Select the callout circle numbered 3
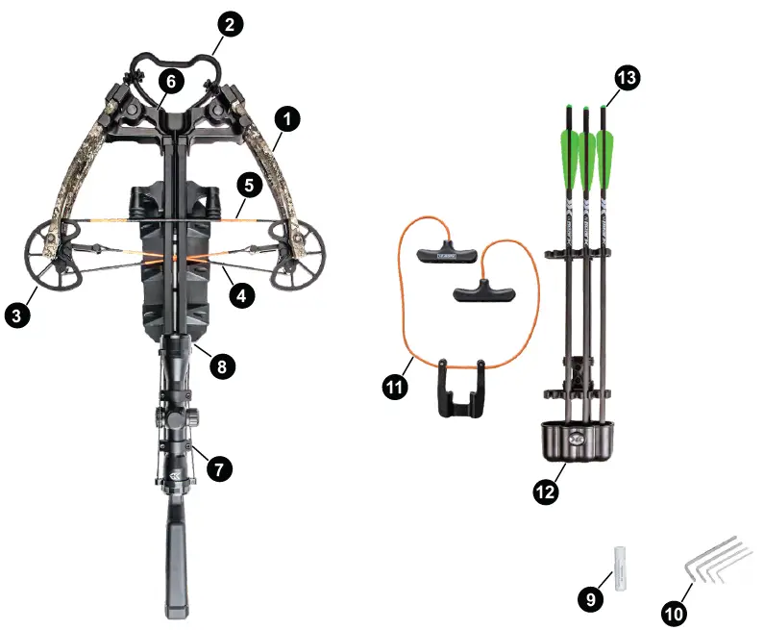pyautogui.click(x=15, y=313)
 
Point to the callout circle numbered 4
pyautogui.click(x=241, y=296)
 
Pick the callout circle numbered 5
pyautogui.click(x=246, y=184)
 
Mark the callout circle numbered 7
pyautogui.click(x=219, y=468)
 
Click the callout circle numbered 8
pyautogui.click(x=220, y=365)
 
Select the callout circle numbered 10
pyautogui.click(x=675, y=610)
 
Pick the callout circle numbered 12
pyautogui.click(x=545, y=491)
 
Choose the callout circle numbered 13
pyautogui.click(x=627, y=80)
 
